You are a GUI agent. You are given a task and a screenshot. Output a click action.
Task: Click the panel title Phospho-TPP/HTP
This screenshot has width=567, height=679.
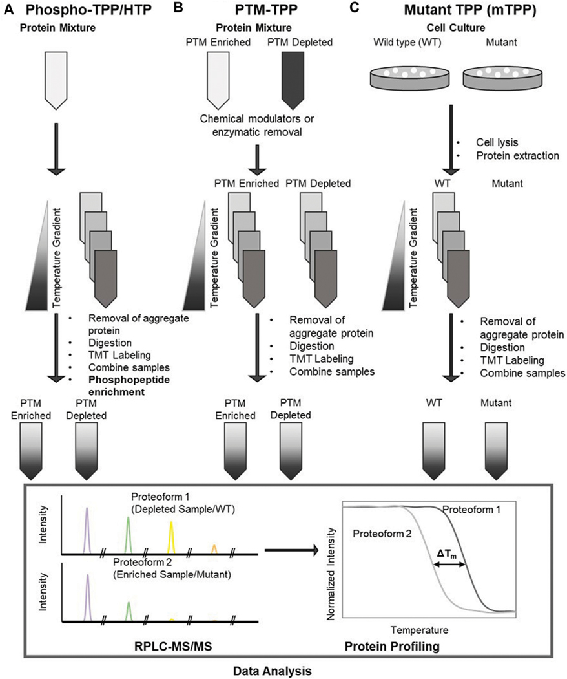pyautogui.click(x=88, y=10)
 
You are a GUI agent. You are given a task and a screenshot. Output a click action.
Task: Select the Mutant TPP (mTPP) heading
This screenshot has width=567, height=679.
pyautogui.click(x=470, y=10)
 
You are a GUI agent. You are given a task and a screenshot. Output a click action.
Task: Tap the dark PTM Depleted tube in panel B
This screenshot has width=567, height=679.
pyautogui.click(x=293, y=80)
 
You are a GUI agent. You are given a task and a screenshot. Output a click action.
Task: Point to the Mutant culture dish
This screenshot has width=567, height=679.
pyautogui.click(x=502, y=77)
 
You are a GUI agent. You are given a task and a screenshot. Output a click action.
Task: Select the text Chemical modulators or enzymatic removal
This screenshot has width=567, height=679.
pyautogui.click(x=257, y=125)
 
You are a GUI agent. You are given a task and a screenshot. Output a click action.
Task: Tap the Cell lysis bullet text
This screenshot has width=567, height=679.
pyautogui.click(x=497, y=142)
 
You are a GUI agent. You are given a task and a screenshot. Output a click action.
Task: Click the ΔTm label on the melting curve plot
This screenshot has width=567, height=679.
pyautogui.click(x=446, y=554)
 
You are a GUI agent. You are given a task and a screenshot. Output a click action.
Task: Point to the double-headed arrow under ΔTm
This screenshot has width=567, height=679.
pyautogui.click(x=449, y=565)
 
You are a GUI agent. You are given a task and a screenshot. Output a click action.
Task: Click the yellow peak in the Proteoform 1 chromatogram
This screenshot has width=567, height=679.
pyautogui.click(x=171, y=537)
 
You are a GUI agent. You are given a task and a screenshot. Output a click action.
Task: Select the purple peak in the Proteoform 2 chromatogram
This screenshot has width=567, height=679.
pyautogui.click(x=88, y=598)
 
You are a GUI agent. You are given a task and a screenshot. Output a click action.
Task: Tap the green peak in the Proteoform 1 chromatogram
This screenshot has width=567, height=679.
pyautogui.click(x=128, y=535)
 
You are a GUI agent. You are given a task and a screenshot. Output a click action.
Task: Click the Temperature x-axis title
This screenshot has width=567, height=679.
pyautogui.click(x=419, y=630)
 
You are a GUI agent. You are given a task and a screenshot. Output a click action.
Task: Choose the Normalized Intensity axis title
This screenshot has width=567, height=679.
pyautogui.click(x=331, y=574)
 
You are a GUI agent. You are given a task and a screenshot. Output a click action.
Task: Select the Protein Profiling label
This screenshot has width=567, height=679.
pyautogui.click(x=392, y=647)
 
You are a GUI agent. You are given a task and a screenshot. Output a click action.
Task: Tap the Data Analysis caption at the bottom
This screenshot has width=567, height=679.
pyautogui.click(x=273, y=671)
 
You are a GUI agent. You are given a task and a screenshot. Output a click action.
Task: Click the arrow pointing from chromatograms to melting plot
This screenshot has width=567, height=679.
pyautogui.click(x=291, y=550)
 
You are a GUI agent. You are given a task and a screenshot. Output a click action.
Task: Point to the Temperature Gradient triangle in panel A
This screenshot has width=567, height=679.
pyautogui.click(x=37, y=255)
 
